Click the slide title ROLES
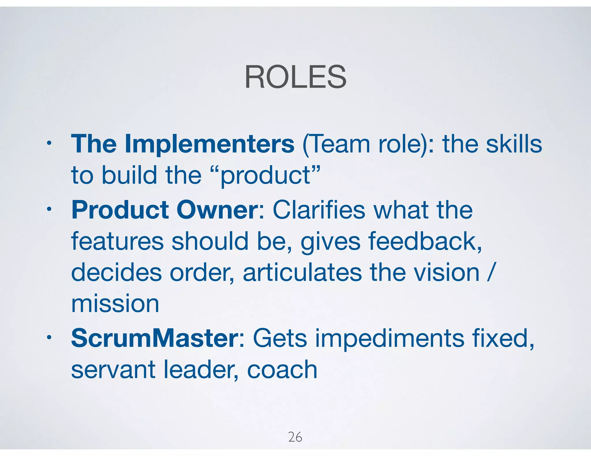[x=295, y=77]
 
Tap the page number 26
[x=295, y=437]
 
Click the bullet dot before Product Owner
[x=49, y=209]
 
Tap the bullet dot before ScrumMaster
[x=49, y=337]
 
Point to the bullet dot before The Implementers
[x=49, y=143]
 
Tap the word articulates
[x=302, y=273]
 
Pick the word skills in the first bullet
[x=514, y=144]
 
